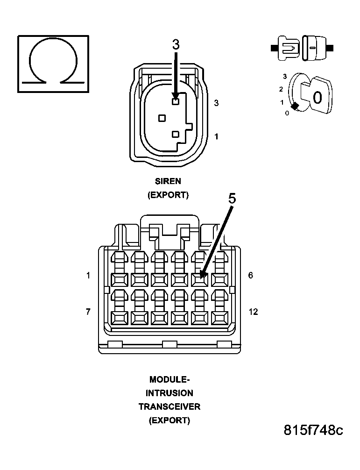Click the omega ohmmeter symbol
tap(53, 63)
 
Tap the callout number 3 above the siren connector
tap(176, 44)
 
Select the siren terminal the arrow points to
tap(176, 101)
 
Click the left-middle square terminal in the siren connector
tap(162, 118)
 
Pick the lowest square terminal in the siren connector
tap(176, 135)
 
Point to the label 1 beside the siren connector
tap(216, 136)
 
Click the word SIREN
tap(168, 181)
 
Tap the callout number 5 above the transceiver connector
tap(232, 198)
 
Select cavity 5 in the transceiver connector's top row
tap(199, 279)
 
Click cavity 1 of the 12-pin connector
tap(119, 279)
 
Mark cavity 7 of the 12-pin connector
tap(119, 318)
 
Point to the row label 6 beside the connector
tap(251, 276)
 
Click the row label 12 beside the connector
tap(253, 312)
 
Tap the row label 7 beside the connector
tap(88, 312)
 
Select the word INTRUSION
tap(169, 393)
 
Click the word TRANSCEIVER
tap(169, 406)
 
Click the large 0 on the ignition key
tap(317, 98)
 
